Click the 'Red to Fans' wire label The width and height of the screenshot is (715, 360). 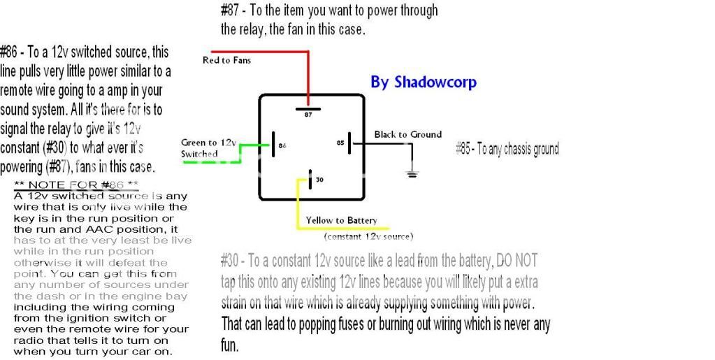click(x=226, y=60)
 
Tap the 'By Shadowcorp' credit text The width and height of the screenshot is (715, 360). click(x=423, y=82)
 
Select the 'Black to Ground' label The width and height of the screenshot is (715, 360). click(x=407, y=134)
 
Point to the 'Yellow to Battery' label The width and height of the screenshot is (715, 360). click(x=341, y=221)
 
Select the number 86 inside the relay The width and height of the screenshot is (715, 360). click(x=282, y=145)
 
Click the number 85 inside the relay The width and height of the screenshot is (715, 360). click(x=340, y=143)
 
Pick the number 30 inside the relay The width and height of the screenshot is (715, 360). click(x=319, y=180)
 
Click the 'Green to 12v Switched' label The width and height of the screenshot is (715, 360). click(x=208, y=148)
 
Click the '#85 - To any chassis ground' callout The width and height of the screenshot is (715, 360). click(x=507, y=149)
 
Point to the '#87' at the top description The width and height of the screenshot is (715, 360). click(x=230, y=10)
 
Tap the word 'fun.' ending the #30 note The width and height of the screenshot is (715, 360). click(x=230, y=345)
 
